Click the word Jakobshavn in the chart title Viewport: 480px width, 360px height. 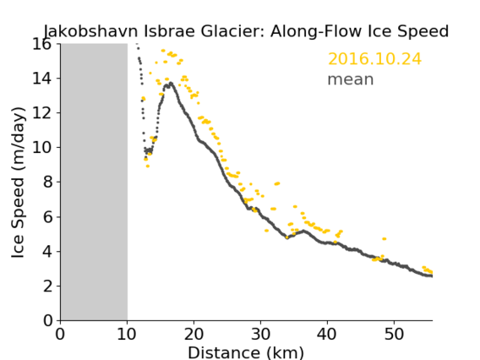(x=90, y=31)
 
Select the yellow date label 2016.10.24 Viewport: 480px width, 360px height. (x=374, y=59)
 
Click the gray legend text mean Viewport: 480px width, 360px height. (x=351, y=79)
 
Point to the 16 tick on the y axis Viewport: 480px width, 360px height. (x=42, y=45)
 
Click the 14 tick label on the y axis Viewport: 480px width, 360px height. (x=42, y=79)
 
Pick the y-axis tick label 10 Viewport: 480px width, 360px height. (x=42, y=148)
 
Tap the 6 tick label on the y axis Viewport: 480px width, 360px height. (x=47, y=216)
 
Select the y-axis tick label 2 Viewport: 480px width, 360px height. (x=47, y=286)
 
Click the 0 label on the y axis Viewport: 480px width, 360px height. (x=47, y=320)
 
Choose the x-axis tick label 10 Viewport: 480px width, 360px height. (x=127, y=334)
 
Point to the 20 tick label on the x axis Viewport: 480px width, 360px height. (x=194, y=334)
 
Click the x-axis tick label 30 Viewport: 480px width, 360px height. (x=260, y=334)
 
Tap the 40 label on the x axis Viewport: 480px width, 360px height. (x=327, y=334)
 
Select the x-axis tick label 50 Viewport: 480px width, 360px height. (x=394, y=334)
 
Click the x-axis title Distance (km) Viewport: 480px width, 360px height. (x=246, y=352)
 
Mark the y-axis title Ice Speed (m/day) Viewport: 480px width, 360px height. (x=18, y=183)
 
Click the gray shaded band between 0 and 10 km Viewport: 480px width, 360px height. (x=94, y=182)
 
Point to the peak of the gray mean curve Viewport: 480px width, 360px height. (x=171, y=83)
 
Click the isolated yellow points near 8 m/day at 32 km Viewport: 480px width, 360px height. (x=277, y=183)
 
